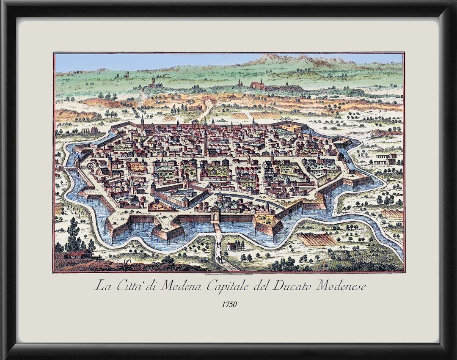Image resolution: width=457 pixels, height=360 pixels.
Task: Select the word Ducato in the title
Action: point(292,286)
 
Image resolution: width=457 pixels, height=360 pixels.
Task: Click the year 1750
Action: point(229,304)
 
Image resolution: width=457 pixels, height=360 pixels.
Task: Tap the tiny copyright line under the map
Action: point(229,274)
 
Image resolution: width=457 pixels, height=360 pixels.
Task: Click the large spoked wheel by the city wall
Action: point(90,166)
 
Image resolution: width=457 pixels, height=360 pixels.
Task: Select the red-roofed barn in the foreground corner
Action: point(80,253)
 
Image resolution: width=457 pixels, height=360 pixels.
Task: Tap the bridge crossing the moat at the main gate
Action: point(217,228)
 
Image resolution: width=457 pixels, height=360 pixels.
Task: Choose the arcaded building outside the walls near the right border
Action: point(386,159)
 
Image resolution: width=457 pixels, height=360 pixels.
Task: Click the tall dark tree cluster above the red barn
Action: point(74,235)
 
